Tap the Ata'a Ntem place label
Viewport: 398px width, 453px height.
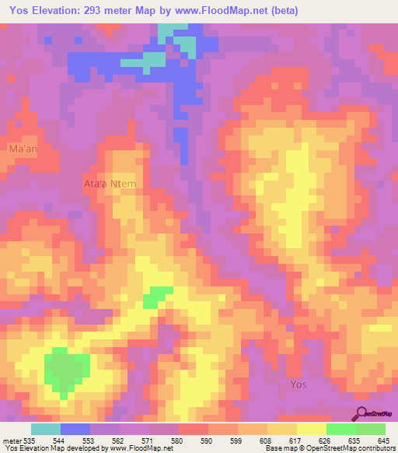tap(110, 184)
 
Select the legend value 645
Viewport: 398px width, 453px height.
tap(385, 440)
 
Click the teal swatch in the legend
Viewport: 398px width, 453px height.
tap(45, 429)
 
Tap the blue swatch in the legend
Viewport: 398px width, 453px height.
tap(75, 429)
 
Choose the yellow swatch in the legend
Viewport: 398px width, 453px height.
tap(311, 429)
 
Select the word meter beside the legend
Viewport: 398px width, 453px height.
tap(12, 440)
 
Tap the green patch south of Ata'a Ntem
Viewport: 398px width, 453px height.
tap(159, 294)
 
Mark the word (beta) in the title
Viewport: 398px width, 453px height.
tap(285, 10)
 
